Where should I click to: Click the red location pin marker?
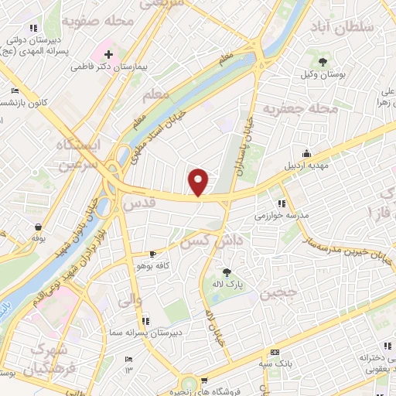(199, 181)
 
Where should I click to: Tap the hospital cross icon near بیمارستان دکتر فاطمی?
(109, 56)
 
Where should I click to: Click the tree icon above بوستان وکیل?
(323, 60)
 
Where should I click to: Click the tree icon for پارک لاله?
(227, 271)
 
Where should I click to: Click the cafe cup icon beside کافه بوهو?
(152, 254)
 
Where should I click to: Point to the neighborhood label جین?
(278, 294)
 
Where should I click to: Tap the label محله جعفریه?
(302, 109)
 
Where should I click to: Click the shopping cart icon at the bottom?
(204, 380)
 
